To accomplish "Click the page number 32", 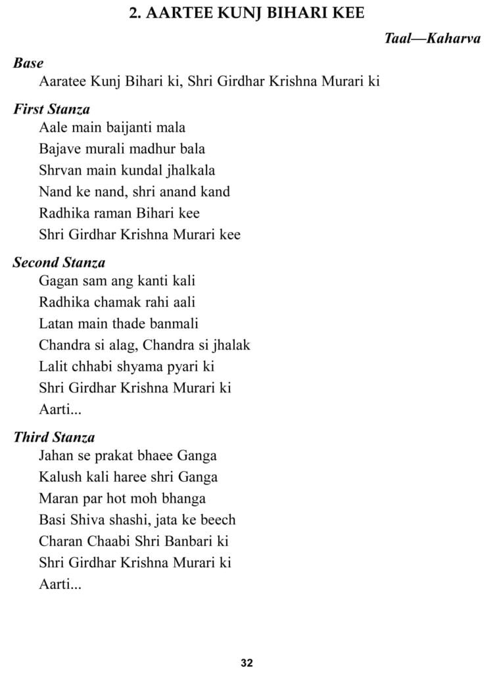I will [247, 662].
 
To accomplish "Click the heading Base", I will [28, 63].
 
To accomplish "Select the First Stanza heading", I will [51, 109].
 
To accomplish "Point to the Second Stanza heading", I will [59, 263].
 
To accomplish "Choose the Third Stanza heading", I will [54, 437].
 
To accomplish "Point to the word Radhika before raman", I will [64, 214].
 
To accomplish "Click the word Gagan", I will [58, 281].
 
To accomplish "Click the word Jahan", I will [57, 455].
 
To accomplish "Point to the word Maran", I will [58, 498].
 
